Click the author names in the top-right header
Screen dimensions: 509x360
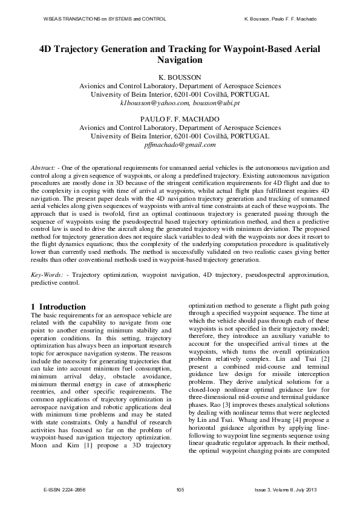pyautogui.click(x=280, y=19)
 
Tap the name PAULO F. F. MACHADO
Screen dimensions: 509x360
pyautogui.click(x=180, y=120)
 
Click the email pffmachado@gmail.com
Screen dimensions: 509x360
pyautogui.click(x=180, y=145)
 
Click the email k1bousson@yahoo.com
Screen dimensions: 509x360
pyautogui.click(x=155, y=103)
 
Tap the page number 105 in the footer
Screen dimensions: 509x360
pyautogui.click(x=180, y=488)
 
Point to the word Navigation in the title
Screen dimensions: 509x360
pyautogui.click(x=180, y=60)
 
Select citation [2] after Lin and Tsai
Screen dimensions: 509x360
pyautogui.click(x=324, y=359)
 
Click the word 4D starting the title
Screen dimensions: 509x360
pyautogui.click(x=47, y=48)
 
